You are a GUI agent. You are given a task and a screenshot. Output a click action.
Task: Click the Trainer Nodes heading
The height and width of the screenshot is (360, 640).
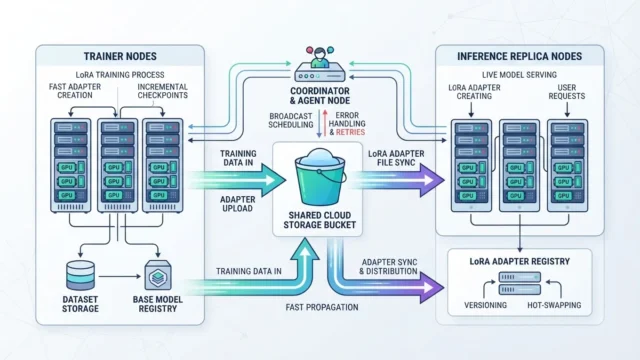(x=120, y=56)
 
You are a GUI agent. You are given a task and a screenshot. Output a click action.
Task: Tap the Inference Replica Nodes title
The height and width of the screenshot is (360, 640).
(x=520, y=56)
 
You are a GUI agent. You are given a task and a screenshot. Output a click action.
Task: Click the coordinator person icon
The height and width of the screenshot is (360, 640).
(x=320, y=57)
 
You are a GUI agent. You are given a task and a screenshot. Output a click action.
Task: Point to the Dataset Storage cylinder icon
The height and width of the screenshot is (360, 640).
(x=80, y=276)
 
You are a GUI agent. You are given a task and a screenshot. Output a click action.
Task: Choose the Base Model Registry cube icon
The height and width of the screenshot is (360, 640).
(x=158, y=276)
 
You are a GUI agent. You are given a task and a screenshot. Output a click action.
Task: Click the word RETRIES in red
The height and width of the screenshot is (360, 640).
(x=350, y=132)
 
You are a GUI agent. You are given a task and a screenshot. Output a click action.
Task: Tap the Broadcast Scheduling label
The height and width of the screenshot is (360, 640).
(x=291, y=120)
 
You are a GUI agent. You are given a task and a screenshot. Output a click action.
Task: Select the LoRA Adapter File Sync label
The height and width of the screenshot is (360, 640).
(x=396, y=158)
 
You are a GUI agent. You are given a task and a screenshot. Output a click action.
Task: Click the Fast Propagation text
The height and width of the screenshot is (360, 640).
(x=322, y=307)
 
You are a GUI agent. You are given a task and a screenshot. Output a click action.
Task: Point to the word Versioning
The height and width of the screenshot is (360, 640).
(x=485, y=305)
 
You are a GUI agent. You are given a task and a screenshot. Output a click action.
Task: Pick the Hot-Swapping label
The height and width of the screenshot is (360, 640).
(x=554, y=305)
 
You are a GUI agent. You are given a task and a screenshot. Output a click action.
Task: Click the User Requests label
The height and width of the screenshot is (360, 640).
(x=567, y=92)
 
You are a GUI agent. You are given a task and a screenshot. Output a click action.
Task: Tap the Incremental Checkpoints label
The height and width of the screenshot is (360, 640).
(x=162, y=91)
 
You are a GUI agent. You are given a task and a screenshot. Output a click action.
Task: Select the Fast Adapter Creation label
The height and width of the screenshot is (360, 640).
(x=75, y=91)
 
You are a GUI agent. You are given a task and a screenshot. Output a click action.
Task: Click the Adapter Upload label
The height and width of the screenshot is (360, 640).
(x=238, y=204)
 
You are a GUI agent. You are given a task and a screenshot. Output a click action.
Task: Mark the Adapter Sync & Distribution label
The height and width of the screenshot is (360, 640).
(x=389, y=267)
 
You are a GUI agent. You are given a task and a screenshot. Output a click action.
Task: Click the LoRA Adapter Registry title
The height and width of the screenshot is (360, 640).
(x=520, y=262)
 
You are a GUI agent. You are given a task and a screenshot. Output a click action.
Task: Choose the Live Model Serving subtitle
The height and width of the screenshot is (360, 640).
(x=519, y=75)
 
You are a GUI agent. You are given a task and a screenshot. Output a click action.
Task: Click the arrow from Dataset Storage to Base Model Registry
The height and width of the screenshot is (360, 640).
(x=119, y=276)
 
